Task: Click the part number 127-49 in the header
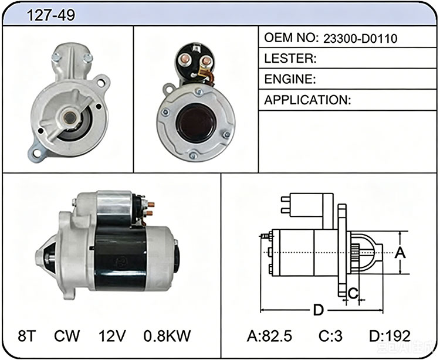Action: click(51, 15)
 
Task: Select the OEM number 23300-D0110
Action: click(360, 39)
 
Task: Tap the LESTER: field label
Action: click(290, 58)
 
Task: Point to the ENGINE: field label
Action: click(290, 79)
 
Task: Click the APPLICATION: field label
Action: click(307, 100)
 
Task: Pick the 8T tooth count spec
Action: click(27, 335)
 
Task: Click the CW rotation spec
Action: click(67, 335)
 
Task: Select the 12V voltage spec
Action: click(112, 335)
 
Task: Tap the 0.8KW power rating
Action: click(167, 335)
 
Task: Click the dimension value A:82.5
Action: click(269, 336)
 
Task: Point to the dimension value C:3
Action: click(330, 336)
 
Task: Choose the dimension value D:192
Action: click(390, 336)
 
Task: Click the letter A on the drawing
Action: click(400, 253)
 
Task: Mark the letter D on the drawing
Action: click(318, 310)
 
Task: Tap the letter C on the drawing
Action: click(353, 293)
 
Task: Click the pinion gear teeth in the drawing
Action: click(356, 252)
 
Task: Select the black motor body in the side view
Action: click(120, 258)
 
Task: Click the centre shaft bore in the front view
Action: click(69, 117)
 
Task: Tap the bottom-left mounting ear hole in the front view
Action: click(36, 152)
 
